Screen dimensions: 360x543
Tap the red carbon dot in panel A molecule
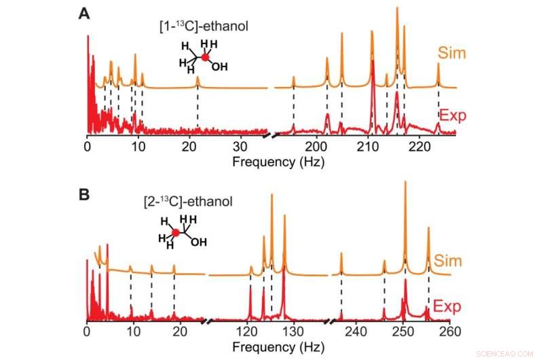pyautogui.click(x=205, y=58)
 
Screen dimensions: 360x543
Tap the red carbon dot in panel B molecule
pyautogui.click(x=176, y=233)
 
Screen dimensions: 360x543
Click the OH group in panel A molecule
pyautogui.click(x=219, y=67)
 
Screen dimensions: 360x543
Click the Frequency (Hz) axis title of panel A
pyautogui.click(x=278, y=162)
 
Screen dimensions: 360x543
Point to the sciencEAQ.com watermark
pyautogui.click(x=511, y=353)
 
